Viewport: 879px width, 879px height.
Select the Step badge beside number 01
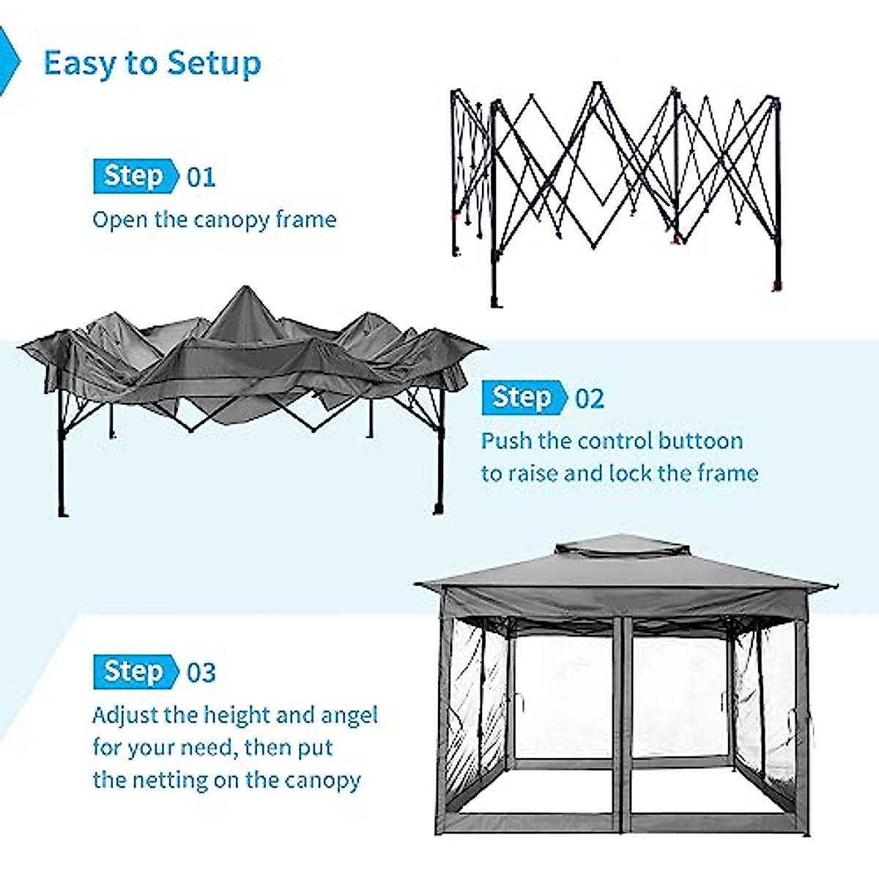click(135, 177)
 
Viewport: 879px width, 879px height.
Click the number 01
click(201, 177)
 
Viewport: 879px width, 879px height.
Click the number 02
click(590, 399)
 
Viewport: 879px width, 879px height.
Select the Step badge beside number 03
click(135, 672)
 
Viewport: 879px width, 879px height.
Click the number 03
click(201, 673)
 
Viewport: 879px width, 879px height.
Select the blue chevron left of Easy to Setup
click(9, 62)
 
